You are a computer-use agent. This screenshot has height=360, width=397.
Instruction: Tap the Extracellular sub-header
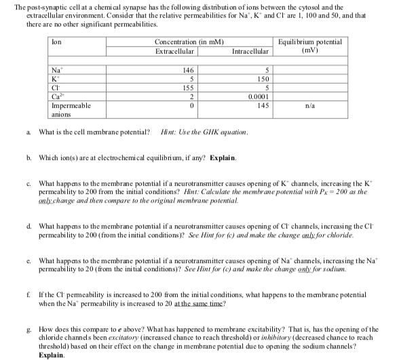(x=175, y=51)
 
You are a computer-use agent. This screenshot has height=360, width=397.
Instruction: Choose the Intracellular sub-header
(x=250, y=51)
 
